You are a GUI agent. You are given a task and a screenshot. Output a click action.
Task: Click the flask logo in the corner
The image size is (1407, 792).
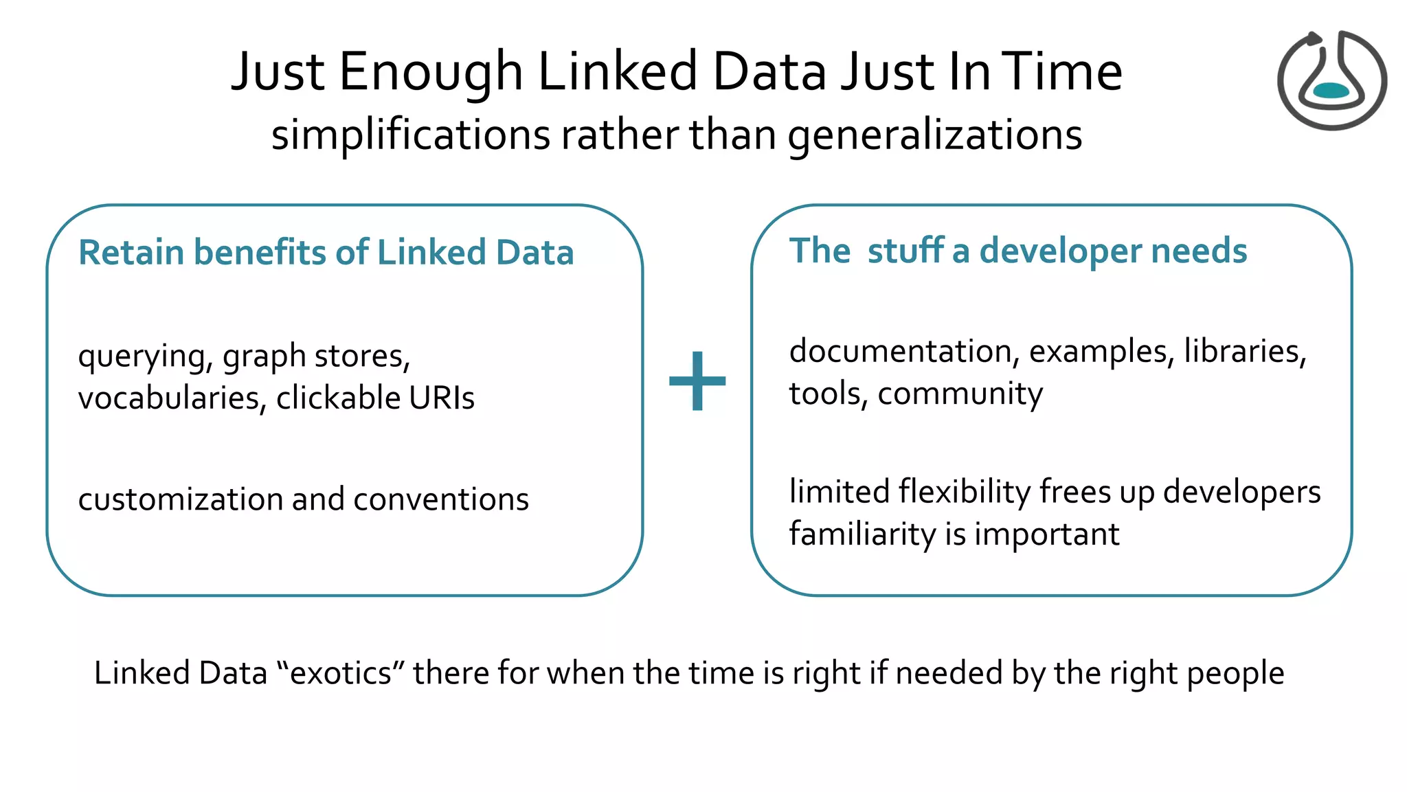1331,80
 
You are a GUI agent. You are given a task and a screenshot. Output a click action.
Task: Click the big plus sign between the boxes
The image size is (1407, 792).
697,381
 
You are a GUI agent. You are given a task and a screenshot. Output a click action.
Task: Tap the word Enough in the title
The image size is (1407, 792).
431,73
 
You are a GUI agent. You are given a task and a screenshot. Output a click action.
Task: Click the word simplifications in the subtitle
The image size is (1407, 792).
410,135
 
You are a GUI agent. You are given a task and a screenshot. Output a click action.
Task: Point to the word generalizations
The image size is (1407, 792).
935,136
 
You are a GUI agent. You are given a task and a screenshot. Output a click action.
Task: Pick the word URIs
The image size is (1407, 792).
441,398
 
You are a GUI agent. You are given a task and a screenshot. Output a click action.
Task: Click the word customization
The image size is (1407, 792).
180,499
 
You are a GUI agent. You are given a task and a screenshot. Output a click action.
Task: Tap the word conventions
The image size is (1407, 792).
441,499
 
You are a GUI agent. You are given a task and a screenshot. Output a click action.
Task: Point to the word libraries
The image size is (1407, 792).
1244,352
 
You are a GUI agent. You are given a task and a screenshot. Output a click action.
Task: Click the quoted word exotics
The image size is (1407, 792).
341,673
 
